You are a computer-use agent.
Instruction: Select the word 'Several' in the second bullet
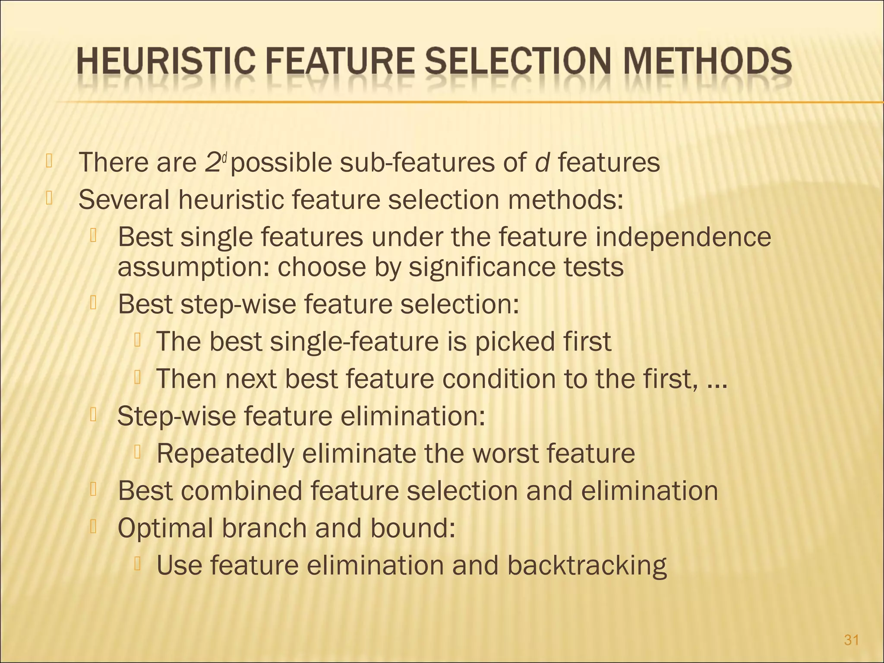124,200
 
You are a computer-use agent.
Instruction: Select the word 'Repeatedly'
225,454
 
